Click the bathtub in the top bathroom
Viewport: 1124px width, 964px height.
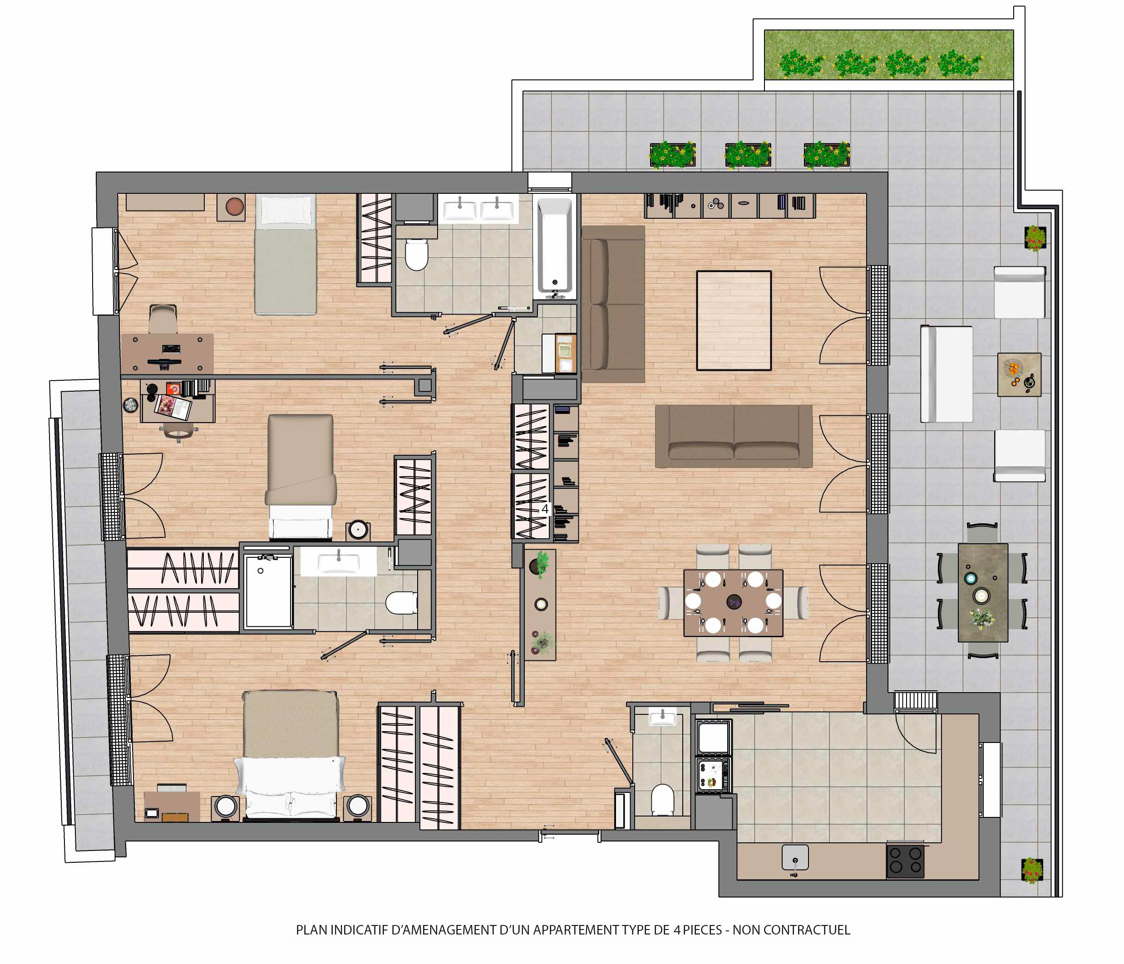pos(554,247)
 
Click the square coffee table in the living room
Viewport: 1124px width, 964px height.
pos(734,320)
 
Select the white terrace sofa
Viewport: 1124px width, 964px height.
pos(946,374)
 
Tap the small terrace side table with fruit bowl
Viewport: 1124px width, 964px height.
pos(1019,374)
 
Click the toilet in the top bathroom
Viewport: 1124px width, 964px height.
pos(417,255)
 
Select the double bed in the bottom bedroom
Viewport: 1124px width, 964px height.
pos(291,755)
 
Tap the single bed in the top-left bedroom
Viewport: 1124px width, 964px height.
pos(286,255)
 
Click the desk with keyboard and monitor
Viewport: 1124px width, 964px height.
pos(167,353)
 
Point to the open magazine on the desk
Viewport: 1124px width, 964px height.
pos(173,407)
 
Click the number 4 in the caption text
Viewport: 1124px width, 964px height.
pos(677,930)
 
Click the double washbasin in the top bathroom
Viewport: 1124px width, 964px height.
pos(478,208)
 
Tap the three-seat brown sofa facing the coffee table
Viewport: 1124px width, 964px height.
pos(734,436)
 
